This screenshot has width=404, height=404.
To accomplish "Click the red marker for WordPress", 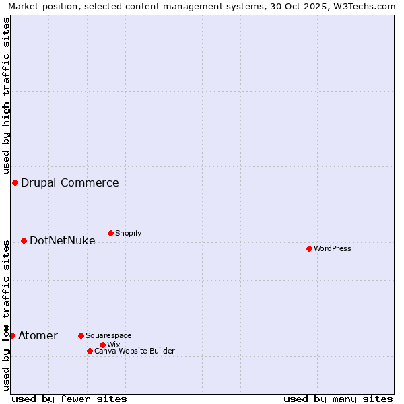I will pos(309,248).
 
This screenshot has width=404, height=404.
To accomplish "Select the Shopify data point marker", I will pos(110,233).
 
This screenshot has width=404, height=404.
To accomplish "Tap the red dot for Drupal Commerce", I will pos(15,182).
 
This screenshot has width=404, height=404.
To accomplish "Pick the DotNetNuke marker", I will pos(24,240).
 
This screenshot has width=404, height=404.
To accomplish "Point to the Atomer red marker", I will pos(12,335).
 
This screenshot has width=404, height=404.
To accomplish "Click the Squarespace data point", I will pos(81,335).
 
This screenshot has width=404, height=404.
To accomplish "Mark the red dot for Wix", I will pos(102,345).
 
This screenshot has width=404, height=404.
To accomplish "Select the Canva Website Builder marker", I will pos(90,351).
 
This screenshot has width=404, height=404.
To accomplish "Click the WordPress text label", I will pos(333,248).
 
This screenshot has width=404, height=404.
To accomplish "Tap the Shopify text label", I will pos(128,233).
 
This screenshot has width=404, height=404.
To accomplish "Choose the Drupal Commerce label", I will pos(70,182).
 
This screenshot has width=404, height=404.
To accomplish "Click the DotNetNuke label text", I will pos(63,240).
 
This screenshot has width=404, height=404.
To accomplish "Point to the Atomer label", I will pos(38,335).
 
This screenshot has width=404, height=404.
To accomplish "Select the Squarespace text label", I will pos(108,335).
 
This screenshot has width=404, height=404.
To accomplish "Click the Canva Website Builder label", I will pos(135,351).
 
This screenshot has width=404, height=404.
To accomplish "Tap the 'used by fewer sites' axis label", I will pos(69,399).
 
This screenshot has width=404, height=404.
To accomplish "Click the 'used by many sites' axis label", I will pos(338,399).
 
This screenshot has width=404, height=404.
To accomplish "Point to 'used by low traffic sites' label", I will pos(6,314).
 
